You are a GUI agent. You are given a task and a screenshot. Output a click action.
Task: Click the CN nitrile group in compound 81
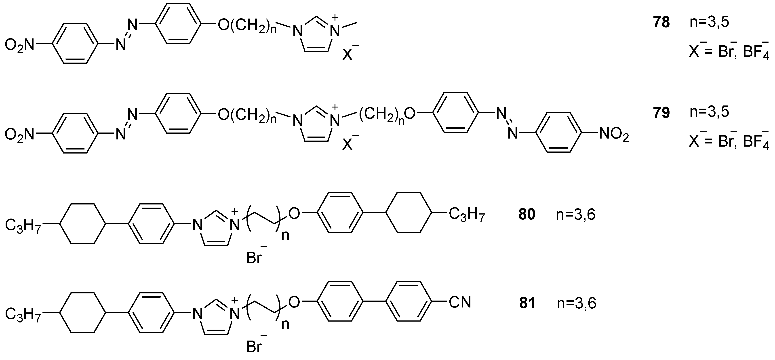click(x=460, y=302)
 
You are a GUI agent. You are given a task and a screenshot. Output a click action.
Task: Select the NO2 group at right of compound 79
click(x=614, y=135)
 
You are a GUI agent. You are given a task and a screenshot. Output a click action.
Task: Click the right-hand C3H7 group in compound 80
click(x=467, y=215)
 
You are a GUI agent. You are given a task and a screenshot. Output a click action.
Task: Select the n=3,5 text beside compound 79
click(x=709, y=112)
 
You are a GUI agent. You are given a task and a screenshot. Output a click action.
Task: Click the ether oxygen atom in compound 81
click(x=294, y=302)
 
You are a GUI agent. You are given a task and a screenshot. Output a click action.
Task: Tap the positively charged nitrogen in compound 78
click(x=334, y=31)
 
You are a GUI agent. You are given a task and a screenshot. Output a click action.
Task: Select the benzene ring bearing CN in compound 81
click(x=409, y=302)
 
